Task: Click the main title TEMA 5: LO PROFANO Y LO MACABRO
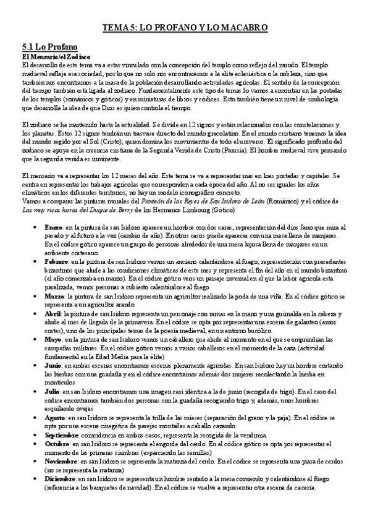(185, 28)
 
